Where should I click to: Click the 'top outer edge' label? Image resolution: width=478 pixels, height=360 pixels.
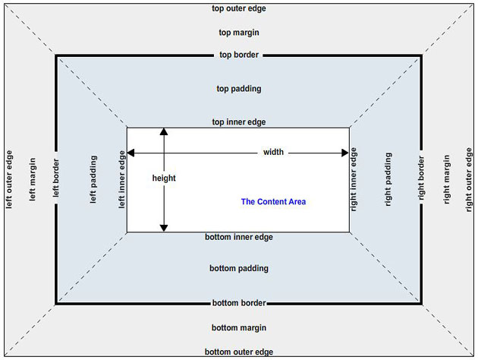click(x=239, y=8)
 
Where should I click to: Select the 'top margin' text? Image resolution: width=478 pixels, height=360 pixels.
click(x=239, y=33)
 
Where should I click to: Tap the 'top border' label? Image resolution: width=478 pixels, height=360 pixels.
click(x=239, y=55)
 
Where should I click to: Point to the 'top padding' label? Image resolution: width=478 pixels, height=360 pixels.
click(x=239, y=88)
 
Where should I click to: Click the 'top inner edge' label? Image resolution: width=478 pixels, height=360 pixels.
click(x=238, y=122)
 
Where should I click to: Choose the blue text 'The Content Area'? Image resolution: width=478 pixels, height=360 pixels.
click(x=273, y=201)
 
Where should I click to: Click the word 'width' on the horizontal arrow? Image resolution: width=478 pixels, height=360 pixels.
click(x=273, y=152)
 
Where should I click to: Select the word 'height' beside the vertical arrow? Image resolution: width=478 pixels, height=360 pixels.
click(x=164, y=178)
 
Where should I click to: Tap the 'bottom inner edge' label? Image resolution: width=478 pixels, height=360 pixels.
click(x=239, y=237)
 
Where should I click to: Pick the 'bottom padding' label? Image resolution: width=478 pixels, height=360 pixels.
click(x=239, y=268)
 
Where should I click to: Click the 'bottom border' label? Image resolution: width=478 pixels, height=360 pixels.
click(x=239, y=303)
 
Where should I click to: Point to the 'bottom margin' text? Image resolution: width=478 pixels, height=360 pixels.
click(x=239, y=327)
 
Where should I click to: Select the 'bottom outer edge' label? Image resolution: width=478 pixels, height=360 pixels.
click(x=239, y=352)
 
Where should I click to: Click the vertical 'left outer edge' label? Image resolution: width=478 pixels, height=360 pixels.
click(x=9, y=179)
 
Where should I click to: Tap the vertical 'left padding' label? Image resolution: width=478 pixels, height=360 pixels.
click(x=93, y=179)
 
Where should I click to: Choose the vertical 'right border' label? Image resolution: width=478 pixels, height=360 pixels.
click(x=422, y=179)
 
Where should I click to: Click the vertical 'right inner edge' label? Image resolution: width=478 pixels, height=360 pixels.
click(x=354, y=179)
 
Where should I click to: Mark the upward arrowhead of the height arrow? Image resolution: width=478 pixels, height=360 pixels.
click(x=163, y=132)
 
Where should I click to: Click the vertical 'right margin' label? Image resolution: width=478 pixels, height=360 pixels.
click(x=447, y=179)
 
